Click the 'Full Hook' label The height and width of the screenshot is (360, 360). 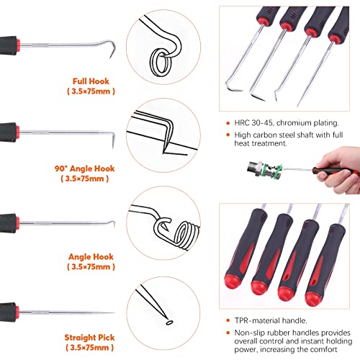point(91,82)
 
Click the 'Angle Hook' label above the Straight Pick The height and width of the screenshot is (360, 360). point(90,255)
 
